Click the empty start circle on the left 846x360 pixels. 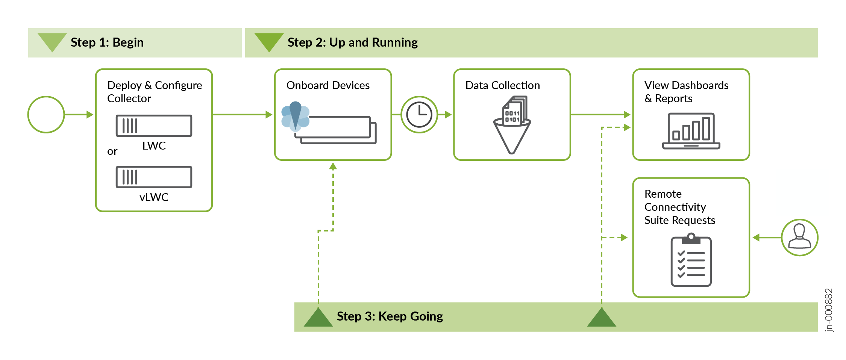pos(46,115)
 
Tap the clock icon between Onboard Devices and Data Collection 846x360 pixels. pos(419,115)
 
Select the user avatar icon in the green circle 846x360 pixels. pos(799,237)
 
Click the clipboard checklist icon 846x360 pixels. pos(691,260)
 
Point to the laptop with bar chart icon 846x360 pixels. pos(691,131)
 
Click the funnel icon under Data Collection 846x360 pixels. pos(512,126)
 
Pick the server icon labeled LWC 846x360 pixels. pos(154,126)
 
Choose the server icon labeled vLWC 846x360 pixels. pos(154,177)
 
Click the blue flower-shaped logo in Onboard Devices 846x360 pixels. pos(296,116)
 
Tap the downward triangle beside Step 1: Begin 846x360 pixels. pos(52,41)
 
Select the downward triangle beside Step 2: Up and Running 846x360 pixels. pos(269,41)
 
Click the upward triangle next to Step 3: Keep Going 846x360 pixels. pos(318,318)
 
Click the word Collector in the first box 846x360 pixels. pos(129,98)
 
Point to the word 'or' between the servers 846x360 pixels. pos(112,151)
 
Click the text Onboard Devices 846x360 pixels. pos(328,85)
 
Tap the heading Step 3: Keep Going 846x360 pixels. pos(390,316)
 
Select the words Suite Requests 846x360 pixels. pos(679,220)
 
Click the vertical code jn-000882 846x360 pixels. pos(828,310)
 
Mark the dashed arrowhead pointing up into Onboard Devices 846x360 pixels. pos(333,166)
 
